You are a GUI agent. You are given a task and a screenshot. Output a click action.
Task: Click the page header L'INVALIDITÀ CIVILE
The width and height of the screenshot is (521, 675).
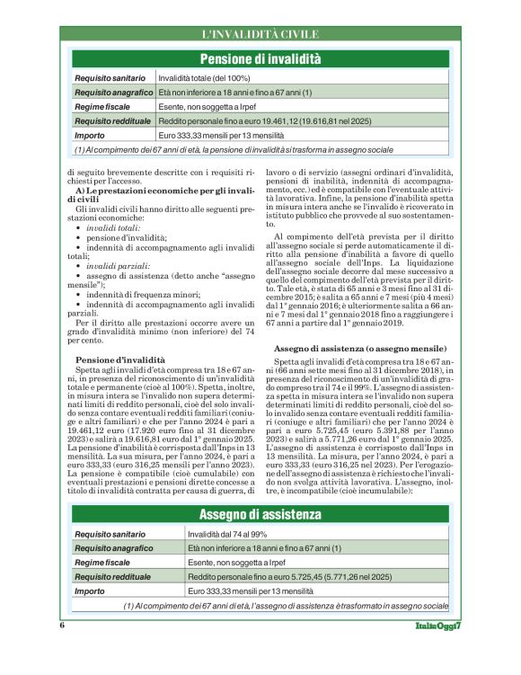click(260, 34)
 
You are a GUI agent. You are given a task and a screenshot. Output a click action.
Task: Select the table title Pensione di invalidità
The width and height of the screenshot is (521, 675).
click(260, 59)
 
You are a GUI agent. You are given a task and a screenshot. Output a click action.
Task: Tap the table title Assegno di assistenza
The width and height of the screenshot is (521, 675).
click(260, 514)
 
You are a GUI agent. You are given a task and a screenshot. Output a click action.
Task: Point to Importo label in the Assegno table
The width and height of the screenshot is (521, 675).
click(90, 591)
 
